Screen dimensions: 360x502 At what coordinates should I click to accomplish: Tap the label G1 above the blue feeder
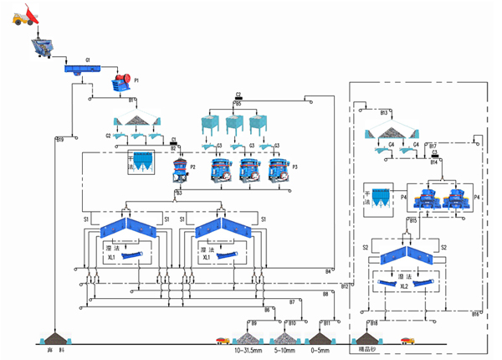point(87,60)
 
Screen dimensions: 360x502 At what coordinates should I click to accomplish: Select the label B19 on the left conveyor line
point(60,138)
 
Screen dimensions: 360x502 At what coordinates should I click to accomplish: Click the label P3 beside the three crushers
point(295,167)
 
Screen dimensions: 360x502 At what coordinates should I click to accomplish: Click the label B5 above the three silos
point(238,103)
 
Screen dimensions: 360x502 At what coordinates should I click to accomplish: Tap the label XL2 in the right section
point(404,287)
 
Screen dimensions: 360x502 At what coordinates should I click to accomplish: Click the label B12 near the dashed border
point(345,287)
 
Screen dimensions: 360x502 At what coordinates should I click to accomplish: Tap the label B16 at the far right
point(474,313)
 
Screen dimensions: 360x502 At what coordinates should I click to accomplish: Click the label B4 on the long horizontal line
point(329,270)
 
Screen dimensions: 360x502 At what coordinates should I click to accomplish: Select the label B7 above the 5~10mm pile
point(291,301)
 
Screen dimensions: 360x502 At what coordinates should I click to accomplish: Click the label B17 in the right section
point(433,146)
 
